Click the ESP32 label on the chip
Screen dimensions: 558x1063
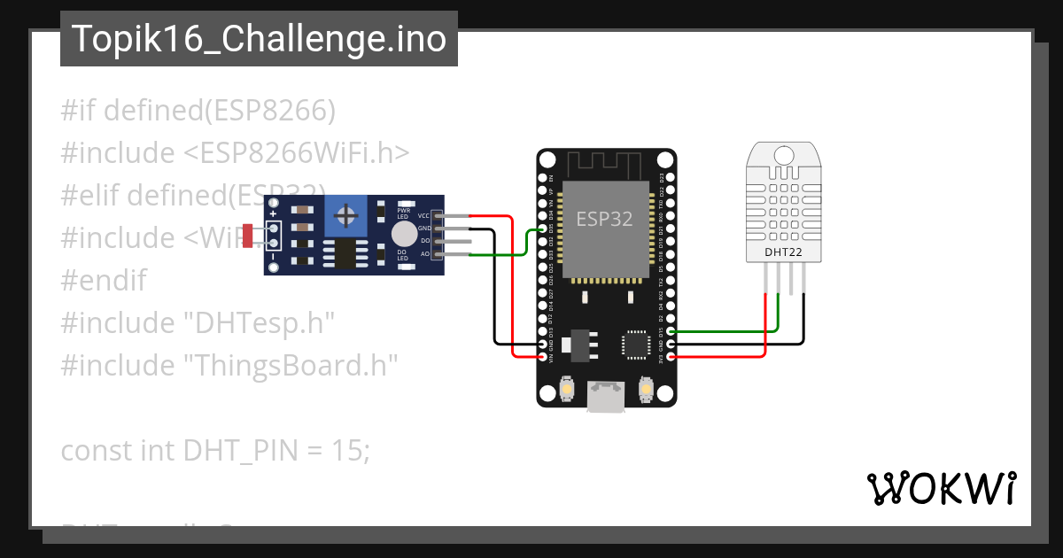pos(604,219)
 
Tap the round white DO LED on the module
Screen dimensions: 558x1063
pos(403,233)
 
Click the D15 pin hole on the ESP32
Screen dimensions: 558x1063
pos(671,330)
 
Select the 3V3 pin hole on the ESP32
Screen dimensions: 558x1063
pos(671,356)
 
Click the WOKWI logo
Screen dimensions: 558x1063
pos(941,489)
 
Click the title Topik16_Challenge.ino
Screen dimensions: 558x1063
pos(259,39)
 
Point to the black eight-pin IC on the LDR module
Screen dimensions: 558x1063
pos(343,253)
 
